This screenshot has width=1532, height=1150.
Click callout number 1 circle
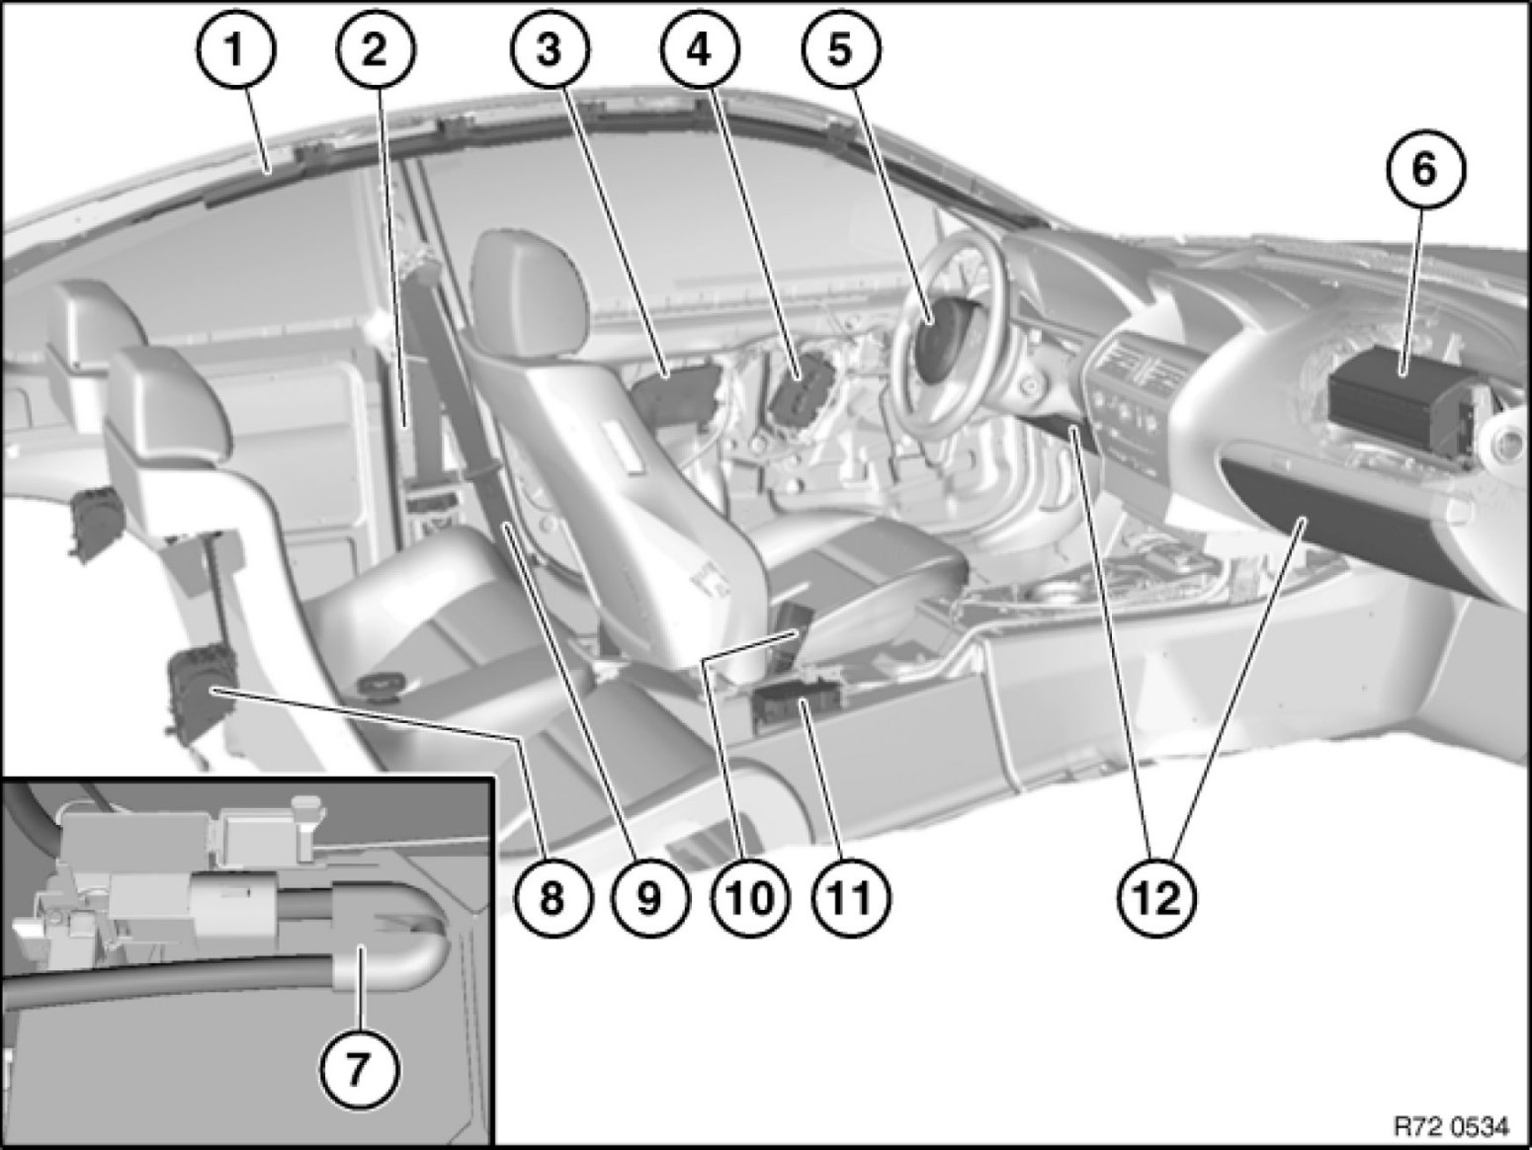pyautogui.click(x=236, y=50)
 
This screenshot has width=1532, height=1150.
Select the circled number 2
pyautogui.click(x=376, y=50)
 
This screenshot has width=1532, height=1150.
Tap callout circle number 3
pyautogui.click(x=550, y=50)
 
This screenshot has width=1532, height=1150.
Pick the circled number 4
pyautogui.click(x=700, y=50)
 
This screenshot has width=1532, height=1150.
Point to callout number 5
pyautogui.click(x=840, y=50)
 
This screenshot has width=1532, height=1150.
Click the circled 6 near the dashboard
pyautogui.click(x=1425, y=170)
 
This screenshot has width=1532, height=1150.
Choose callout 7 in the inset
pyautogui.click(x=359, y=1068)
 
